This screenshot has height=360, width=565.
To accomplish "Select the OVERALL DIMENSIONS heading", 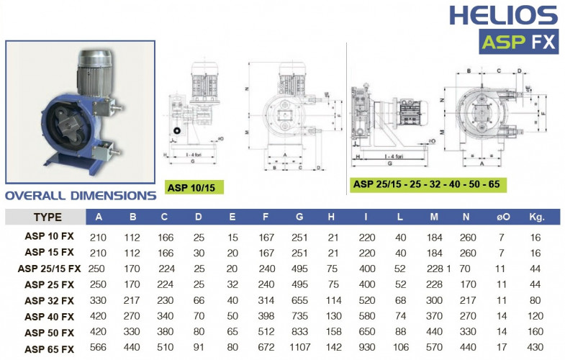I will pos(81,195).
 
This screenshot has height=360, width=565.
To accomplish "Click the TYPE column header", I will pos(48,217).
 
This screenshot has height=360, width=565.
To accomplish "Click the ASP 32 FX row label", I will pos(49,300).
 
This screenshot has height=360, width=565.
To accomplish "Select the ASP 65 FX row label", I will pos(49,349).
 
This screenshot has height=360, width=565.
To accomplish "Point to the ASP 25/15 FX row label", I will pos(49,268).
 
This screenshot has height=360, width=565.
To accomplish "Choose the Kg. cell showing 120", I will pos(535,316).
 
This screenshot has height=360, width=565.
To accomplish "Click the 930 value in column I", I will pos(367,349).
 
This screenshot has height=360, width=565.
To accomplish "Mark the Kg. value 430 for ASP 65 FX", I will pos(535,349).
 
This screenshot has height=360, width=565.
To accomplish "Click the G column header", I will pos(299,217).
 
